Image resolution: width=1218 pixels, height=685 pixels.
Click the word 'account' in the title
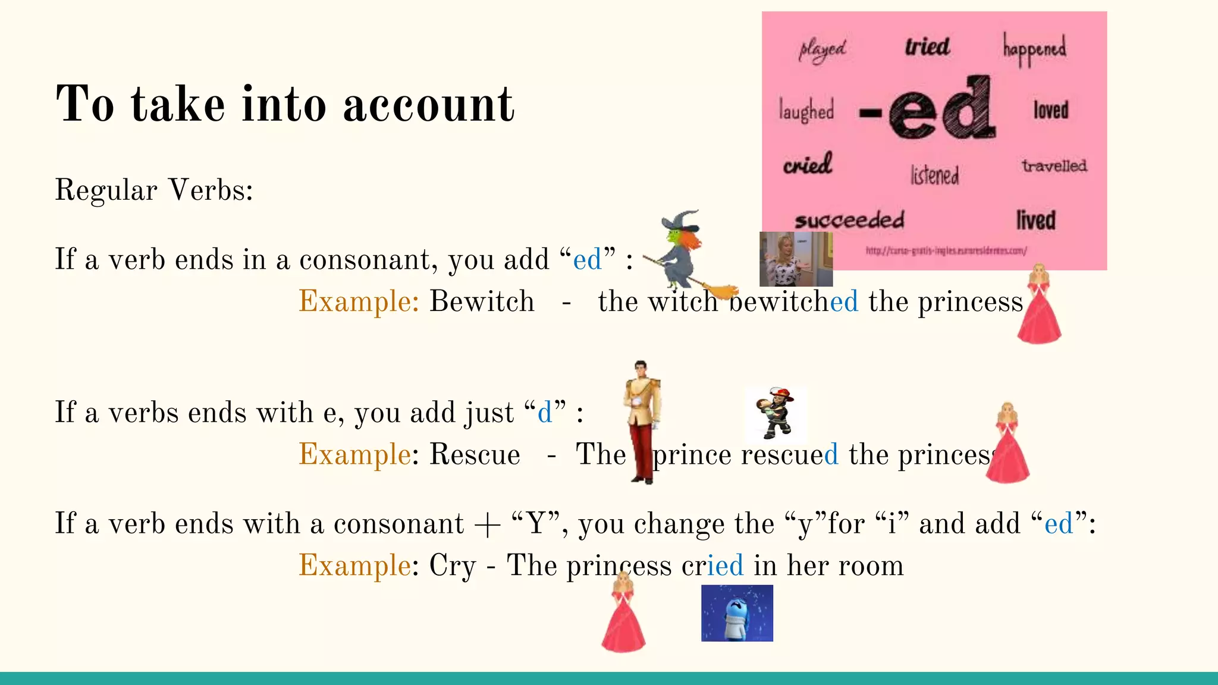(429, 105)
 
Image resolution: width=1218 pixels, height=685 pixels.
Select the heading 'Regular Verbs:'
(154, 191)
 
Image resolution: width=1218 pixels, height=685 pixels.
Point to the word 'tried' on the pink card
(927, 46)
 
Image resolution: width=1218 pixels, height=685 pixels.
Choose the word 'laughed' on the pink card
(806, 111)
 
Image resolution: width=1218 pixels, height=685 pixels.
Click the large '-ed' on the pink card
(928, 109)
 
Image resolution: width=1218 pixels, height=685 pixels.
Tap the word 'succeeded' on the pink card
(849, 221)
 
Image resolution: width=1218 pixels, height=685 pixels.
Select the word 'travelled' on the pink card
(1054, 166)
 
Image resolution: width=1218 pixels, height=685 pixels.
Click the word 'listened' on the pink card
(935, 175)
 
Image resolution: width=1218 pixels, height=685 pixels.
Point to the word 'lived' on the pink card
(1036, 221)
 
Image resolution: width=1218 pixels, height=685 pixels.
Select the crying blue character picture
(737, 613)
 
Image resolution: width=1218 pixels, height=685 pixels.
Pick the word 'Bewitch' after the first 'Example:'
(482, 301)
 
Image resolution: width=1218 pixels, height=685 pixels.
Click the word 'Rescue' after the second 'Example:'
(475, 455)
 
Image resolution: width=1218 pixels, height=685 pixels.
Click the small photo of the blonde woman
(796, 259)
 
